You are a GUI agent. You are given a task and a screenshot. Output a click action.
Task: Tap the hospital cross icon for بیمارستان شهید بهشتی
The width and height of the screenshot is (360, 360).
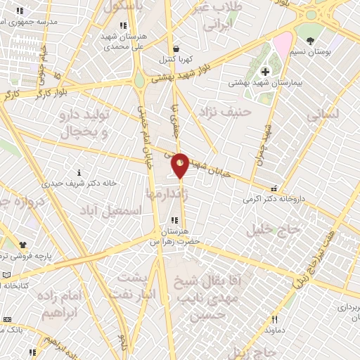265,71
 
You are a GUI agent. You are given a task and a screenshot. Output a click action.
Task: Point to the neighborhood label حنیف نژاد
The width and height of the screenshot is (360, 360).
236,112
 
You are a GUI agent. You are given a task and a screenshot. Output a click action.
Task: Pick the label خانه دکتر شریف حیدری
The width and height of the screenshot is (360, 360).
79,183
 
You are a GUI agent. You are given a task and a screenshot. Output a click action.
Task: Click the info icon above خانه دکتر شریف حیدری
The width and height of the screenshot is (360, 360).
79,172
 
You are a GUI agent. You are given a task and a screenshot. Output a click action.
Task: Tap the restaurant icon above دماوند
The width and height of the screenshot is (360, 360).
275,319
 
